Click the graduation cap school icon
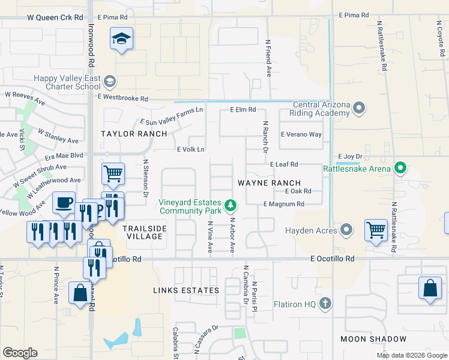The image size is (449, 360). tap(121, 40)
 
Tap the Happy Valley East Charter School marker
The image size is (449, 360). tap(109, 81)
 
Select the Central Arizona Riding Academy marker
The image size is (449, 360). tap(359, 109)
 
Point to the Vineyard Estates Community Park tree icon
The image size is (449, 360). tap(229, 206)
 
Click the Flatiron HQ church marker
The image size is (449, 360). tap(325, 304)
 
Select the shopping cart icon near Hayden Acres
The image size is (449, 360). tap(376, 229)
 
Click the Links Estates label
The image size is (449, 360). tap(186, 290)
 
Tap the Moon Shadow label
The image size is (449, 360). tap(366, 339)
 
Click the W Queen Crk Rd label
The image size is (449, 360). tap(55, 17)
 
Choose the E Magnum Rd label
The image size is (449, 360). tap(284, 204)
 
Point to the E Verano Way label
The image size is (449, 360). tap(301, 134)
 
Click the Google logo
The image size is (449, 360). tap(20, 353)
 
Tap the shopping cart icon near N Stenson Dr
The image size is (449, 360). tap(113, 173)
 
